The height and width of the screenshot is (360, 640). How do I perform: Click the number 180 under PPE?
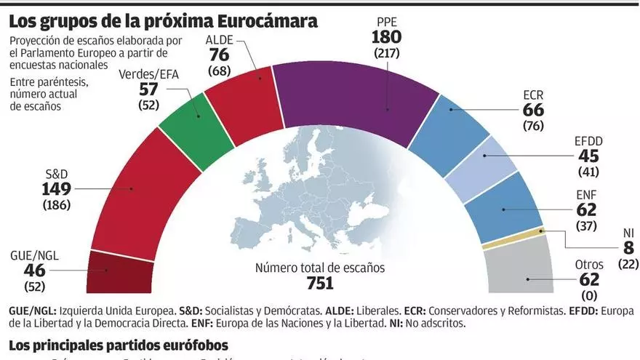[x=387, y=38]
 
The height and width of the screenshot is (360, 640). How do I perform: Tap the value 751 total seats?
[x=319, y=284]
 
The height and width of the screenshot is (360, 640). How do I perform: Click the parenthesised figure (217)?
[x=387, y=53]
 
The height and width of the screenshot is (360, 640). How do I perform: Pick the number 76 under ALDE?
[x=220, y=56]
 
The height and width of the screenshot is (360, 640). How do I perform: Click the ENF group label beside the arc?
[x=585, y=193]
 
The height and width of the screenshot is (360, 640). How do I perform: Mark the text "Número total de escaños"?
[x=319, y=268]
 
